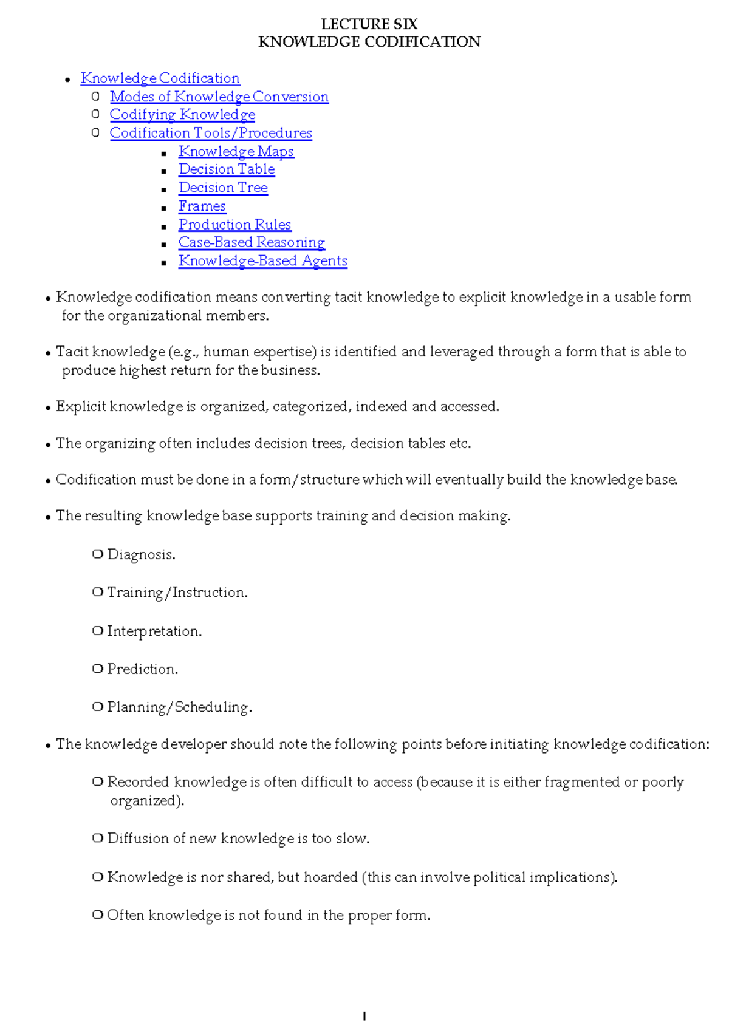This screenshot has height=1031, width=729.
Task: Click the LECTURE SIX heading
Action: point(369,24)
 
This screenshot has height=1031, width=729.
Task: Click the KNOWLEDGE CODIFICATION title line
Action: point(369,42)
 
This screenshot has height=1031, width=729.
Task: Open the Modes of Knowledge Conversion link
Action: point(219,97)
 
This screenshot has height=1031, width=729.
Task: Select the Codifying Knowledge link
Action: point(182,115)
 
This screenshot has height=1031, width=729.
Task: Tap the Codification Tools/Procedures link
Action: point(211,133)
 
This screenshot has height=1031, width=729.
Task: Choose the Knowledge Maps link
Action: point(236,151)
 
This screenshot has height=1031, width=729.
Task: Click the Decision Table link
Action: point(227,169)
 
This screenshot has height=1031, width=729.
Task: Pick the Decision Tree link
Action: point(223,188)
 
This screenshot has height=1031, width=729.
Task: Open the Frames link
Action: point(202,206)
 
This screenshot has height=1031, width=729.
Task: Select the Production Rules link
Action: point(234,225)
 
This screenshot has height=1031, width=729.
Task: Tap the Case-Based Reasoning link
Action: point(252,242)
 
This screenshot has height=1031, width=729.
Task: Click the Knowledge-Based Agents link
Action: point(262,261)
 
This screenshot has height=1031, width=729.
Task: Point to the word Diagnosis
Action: point(140,555)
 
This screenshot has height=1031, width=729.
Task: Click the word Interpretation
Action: point(154,631)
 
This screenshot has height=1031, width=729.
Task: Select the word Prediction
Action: point(142,669)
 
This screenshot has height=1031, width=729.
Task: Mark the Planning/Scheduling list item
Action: point(179,707)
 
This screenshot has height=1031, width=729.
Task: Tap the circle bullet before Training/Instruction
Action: point(97,592)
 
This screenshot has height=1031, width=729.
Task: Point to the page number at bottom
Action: point(364,1016)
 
